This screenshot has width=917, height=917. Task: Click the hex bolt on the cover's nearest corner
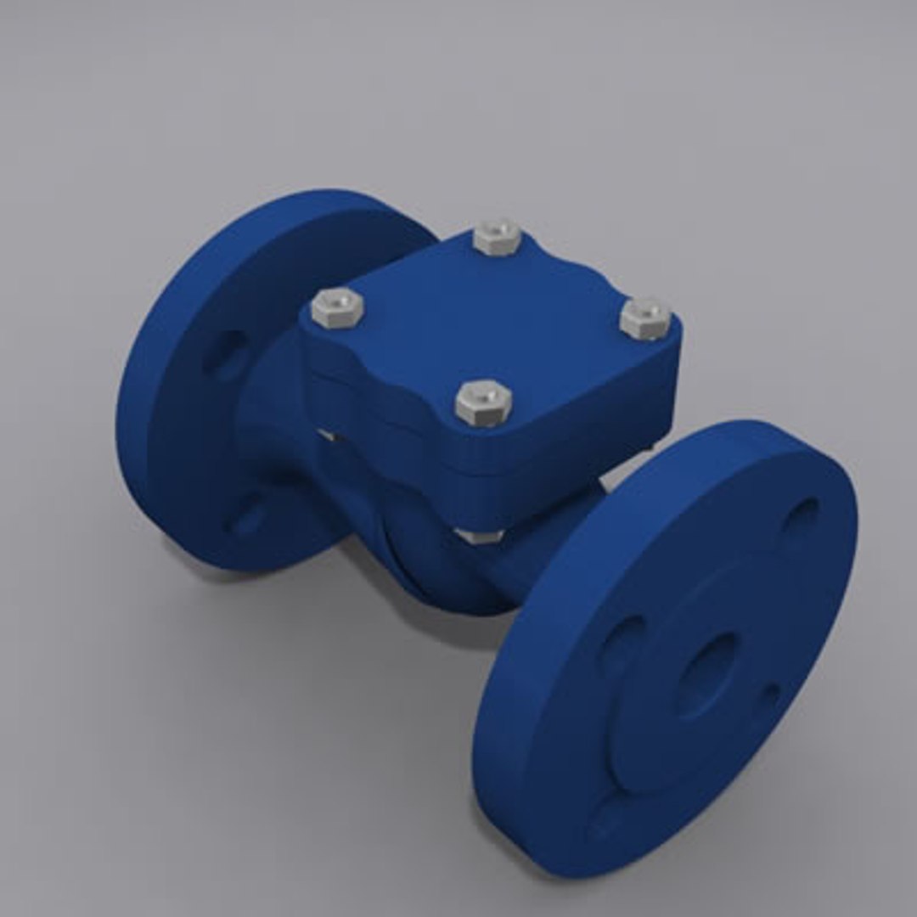coord(483,402)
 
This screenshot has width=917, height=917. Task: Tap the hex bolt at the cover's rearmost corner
coord(498,237)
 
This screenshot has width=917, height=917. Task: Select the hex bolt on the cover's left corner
coord(337,307)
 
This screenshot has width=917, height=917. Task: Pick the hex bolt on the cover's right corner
coord(645,318)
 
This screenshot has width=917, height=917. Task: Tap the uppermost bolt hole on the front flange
coord(801,515)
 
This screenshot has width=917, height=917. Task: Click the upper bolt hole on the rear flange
coord(227,352)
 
